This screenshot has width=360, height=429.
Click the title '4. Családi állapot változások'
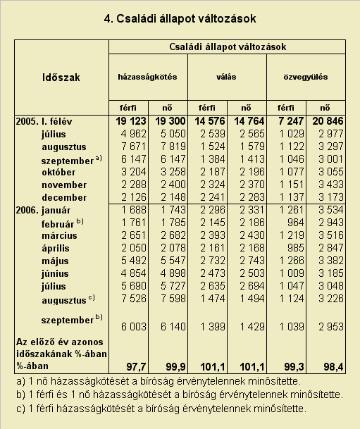click(x=180, y=19)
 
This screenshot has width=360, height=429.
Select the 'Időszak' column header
click(x=61, y=77)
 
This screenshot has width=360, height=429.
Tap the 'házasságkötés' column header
click(x=147, y=77)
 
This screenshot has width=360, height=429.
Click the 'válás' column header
click(x=226, y=77)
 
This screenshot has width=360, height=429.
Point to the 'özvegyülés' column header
click(x=306, y=77)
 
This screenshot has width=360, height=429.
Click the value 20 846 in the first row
click(x=328, y=121)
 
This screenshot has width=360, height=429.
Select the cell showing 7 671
click(x=134, y=147)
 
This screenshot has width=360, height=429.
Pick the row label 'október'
click(x=58, y=172)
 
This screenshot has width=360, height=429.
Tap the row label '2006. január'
click(x=43, y=210)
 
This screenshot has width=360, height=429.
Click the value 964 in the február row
click(x=295, y=222)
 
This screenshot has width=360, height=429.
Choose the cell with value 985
click(x=295, y=247)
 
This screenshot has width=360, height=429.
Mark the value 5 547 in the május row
click(x=173, y=260)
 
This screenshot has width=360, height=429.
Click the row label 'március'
click(x=59, y=235)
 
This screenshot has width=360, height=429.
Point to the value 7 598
click(x=173, y=298)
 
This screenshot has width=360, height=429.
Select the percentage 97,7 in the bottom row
click(x=136, y=366)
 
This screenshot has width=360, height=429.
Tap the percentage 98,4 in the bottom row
click(x=333, y=366)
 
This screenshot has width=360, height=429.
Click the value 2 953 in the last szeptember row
click(x=331, y=327)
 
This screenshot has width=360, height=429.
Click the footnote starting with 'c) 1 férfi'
click(x=161, y=409)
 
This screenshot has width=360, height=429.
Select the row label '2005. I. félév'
click(x=44, y=121)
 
